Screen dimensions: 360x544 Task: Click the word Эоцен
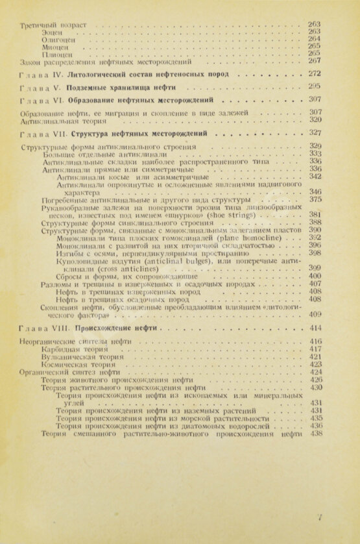click(53, 31)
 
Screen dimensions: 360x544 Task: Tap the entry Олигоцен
click(57, 39)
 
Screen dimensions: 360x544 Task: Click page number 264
click(315, 38)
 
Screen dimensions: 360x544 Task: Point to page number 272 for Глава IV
click(315, 73)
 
